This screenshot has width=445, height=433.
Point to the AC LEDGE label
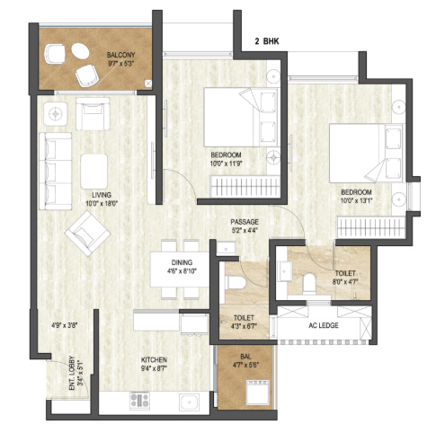click(x=324, y=325)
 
